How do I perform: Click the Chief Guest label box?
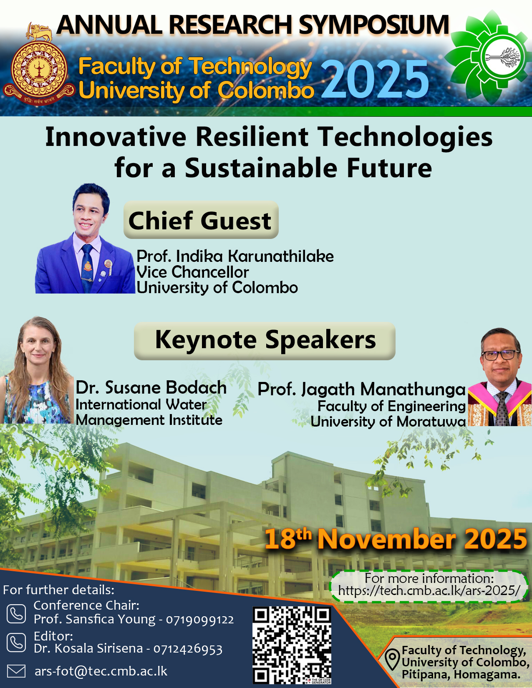[201, 220]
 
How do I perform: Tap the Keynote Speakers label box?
[265, 341]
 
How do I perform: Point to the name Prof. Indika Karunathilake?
[235, 256]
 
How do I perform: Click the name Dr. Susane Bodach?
[151, 387]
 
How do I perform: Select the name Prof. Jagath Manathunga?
[361, 389]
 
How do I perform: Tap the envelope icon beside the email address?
[16, 671]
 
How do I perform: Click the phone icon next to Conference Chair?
[16, 614]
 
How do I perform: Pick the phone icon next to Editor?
[16, 643]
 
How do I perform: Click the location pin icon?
[392, 659]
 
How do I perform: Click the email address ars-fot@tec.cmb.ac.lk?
[101, 671]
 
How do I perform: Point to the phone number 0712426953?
[188, 649]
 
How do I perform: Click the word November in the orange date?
[387, 539]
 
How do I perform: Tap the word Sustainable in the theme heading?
[261, 168]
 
